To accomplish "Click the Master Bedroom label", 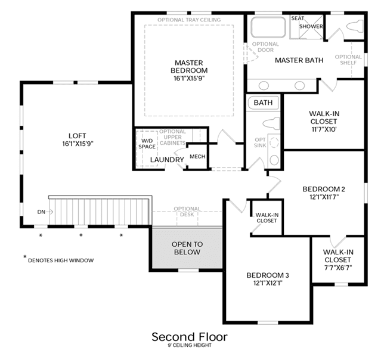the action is click(x=189, y=67).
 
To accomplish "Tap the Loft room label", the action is click(x=78, y=136).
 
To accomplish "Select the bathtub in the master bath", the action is click(x=268, y=27).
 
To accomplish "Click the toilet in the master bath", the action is click(x=355, y=27).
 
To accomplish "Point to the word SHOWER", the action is click(x=311, y=26).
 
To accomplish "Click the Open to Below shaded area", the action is click(x=187, y=249).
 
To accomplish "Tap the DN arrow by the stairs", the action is click(x=49, y=212).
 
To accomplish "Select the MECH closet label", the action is click(x=197, y=157).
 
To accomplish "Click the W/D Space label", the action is click(x=147, y=144).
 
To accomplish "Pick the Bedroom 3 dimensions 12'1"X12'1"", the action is click(x=268, y=283).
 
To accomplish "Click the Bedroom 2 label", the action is click(x=324, y=189).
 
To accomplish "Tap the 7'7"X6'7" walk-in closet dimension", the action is click(x=338, y=268).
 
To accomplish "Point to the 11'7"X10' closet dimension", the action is click(x=324, y=129).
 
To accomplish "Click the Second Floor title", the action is click(x=190, y=337).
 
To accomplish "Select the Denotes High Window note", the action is click(x=61, y=260).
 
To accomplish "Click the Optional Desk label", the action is click(x=187, y=212).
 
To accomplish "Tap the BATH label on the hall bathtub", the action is click(x=263, y=103).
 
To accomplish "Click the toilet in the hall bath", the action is click(x=271, y=123).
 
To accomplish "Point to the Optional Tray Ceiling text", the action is click(x=189, y=20).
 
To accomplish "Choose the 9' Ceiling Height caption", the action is click(x=190, y=345).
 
